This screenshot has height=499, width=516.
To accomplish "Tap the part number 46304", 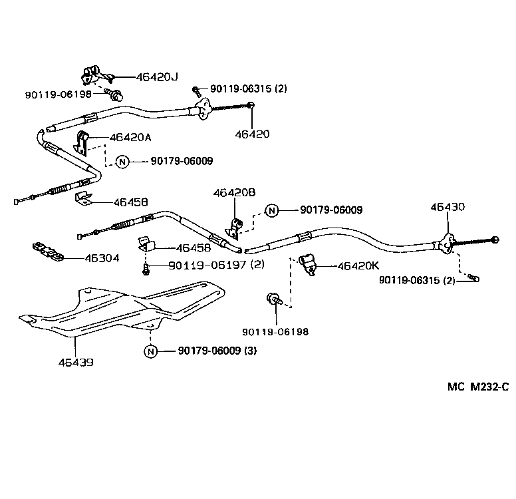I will (102, 257).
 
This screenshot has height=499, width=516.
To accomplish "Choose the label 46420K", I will (358, 266).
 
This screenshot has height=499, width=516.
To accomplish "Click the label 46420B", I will (234, 193).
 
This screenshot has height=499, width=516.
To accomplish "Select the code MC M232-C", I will (477, 387).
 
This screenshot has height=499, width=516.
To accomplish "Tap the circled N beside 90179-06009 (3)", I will (151, 351).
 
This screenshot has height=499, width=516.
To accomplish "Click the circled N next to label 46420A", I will (122, 161).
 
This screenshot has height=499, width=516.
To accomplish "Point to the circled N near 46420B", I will (271, 210).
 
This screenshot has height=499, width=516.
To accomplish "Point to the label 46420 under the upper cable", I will (252, 134).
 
